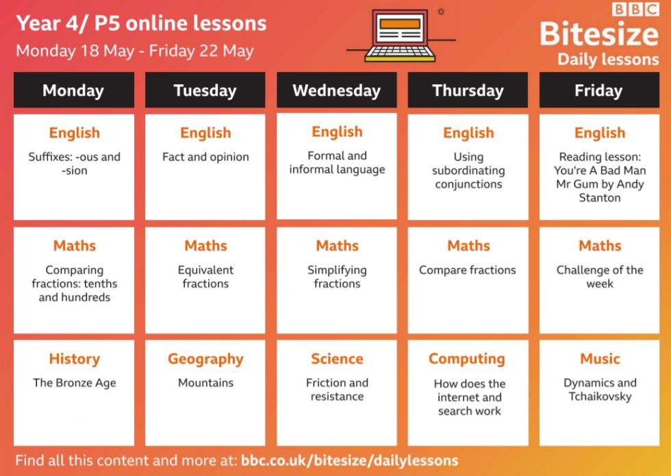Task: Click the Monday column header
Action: [x=74, y=90]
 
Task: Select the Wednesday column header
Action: [x=337, y=90]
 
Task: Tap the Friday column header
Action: [x=599, y=90]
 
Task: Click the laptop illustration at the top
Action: [x=400, y=35]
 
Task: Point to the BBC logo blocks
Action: [x=635, y=10]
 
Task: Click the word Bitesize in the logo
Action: [x=599, y=34]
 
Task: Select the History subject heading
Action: [x=75, y=359]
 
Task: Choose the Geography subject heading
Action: [x=205, y=360]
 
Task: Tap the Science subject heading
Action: [x=337, y=359]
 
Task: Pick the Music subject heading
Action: [x=600, y=359]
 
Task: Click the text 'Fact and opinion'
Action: [x=205, y=157]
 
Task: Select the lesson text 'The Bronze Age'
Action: [x=75, y=383]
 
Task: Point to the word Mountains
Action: [x=205, y=383]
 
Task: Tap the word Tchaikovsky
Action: [x=600, y=397]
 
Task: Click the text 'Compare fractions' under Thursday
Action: [x=467, y=271]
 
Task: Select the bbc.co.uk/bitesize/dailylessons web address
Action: [x=350, y=460]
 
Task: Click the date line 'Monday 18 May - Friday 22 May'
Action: [x=135, y=51]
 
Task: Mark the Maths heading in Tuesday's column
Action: [x=205, y=246]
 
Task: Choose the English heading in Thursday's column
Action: [x=468, y=133]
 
